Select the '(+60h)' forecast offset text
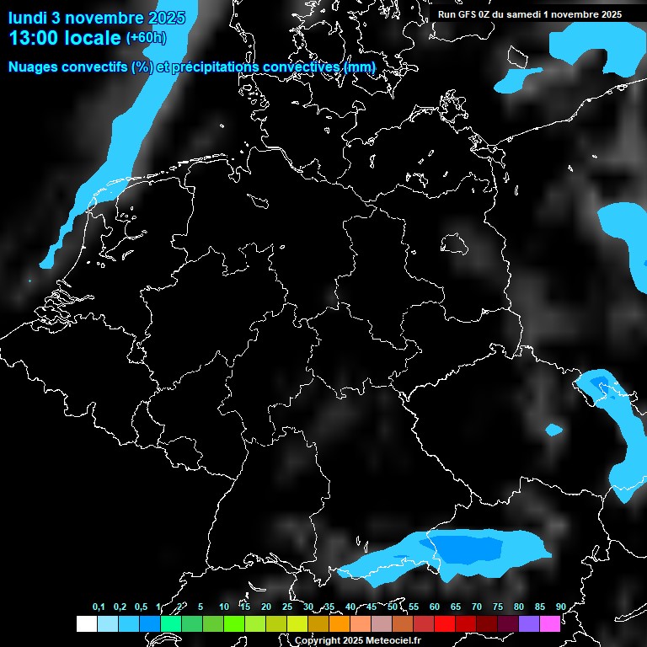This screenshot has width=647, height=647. [x=146, y=37]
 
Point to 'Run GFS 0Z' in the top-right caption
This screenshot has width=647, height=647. [x=464, y=14]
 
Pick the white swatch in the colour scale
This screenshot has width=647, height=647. [x=86, y=623]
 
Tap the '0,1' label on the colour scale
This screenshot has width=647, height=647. [x=99, y=607]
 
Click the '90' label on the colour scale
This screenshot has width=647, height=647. [x=560, y=607]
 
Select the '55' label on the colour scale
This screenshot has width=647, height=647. [x=413, y=607]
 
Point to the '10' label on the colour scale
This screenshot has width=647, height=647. [x=223, y=607]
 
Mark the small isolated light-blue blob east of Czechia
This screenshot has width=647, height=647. [x=553, y=430]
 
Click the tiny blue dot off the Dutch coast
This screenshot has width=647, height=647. [x=29, y=281]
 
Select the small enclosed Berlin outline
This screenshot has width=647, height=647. [x=454, y=243]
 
